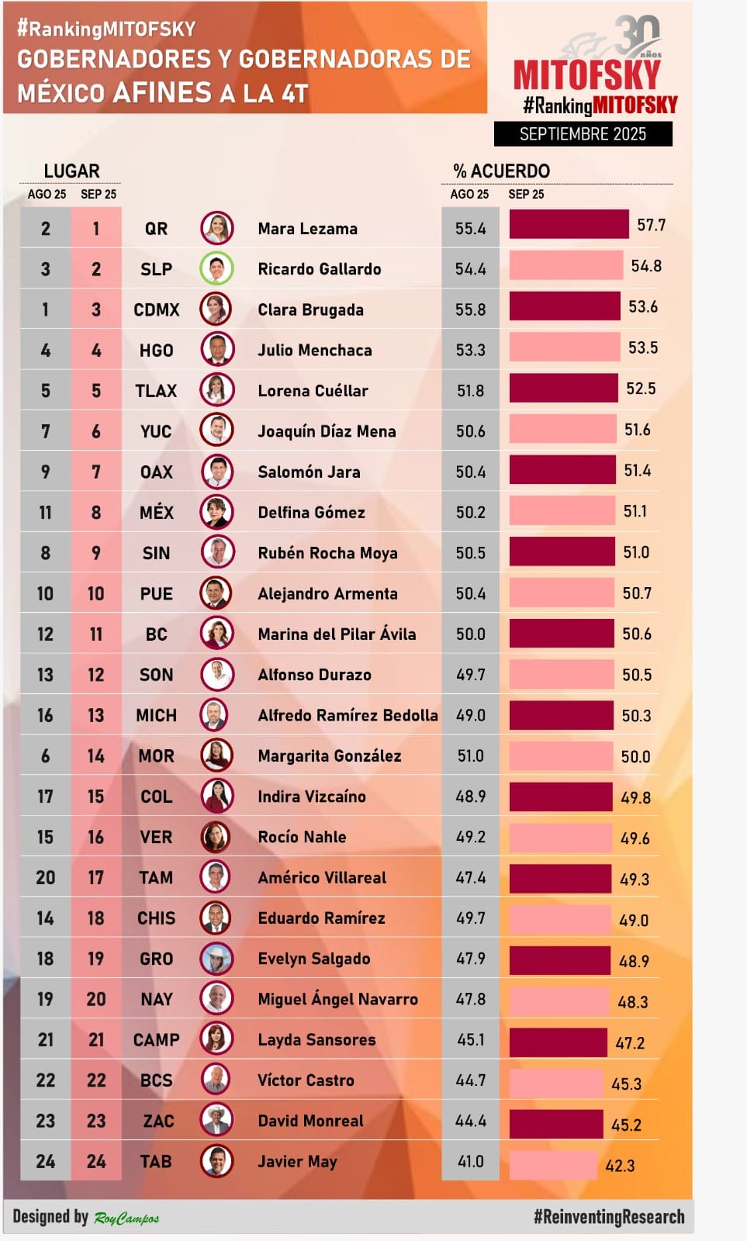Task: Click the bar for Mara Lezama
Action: [x=569, y=225]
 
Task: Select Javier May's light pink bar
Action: [x=552, y=1165]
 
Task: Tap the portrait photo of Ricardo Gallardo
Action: [x=217, y=269]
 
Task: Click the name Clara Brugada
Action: [x=310, y=309]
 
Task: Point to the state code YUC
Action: [x=156, y=431]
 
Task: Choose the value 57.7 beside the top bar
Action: [x=651, y=225]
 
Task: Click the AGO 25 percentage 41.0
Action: [x=470, y=1161]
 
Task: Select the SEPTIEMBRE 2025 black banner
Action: [x=583, y=134]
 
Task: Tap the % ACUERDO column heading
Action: [x=501, y=171]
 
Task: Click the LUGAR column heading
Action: [x=71, y=171]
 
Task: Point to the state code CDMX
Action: [x=156, y=309]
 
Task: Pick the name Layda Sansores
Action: [x=316, y=1039]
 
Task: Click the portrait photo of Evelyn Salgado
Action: [x=217, y=959]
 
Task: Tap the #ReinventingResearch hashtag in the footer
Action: [x=608, y=1217]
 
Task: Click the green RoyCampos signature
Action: [x=126, y=1218]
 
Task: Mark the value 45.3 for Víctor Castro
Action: [x=626, y=1084]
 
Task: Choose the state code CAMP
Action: [x=156, y=1039]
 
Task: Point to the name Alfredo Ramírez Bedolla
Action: [x=348, y=715]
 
